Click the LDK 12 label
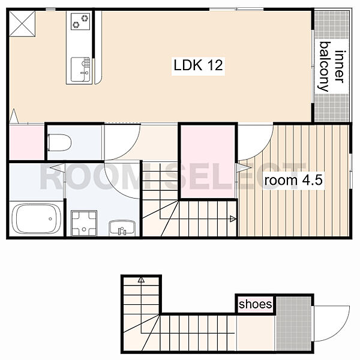(x=198, y=65)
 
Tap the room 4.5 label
(x=293, y=180)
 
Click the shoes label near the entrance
(x=256, y=304)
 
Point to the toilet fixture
(x=59, y=143)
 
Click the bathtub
(x=37, y=219)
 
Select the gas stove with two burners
(x=80, y=21)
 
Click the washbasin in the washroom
(x=122, y=228)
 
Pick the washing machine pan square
(x=84, y=223)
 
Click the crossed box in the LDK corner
(x=22, y=23)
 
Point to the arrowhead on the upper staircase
(x=233, y=219)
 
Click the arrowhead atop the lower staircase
(x=141, y=280)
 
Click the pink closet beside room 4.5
(x=208, y=161)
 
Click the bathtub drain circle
(x=50, y=219)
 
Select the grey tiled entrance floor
(x=293, y=323)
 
